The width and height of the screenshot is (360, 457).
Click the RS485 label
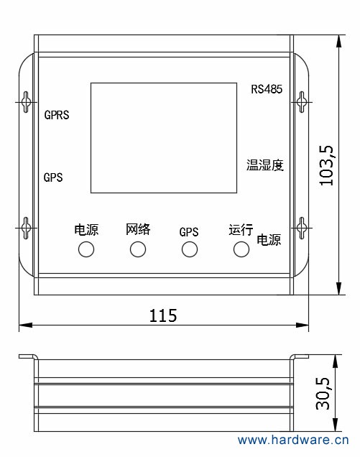coord(267,89)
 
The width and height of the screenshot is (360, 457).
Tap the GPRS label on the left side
coord(57,115)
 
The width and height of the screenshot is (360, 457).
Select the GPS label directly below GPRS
coord(53,177)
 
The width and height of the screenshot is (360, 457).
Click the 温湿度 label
coord(265,165)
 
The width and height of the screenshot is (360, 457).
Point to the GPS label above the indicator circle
coord(189,232)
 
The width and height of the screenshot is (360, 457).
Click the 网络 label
coord(138,229)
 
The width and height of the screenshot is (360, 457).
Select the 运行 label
coord(241,230)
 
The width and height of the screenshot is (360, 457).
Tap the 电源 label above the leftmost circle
coord(86,230)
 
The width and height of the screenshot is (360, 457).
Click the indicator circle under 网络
coord(138,249)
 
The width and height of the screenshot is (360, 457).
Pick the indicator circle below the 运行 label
coord(241,249)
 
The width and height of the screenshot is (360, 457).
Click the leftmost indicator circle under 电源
coord(86,249)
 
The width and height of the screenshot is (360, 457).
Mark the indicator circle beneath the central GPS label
coord(189,249)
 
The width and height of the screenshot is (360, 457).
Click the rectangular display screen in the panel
coord(163,137)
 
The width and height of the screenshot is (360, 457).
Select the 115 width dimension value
coord(163,315)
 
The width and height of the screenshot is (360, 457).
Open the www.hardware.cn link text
coord(293,440)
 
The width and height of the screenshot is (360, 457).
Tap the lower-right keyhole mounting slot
coord(302,228)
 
